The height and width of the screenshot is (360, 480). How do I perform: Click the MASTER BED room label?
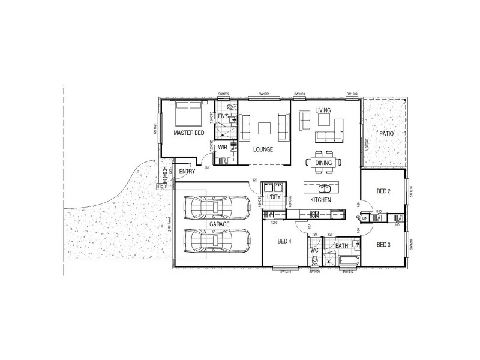[190, 133]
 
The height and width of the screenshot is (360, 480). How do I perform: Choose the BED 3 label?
[384, 244]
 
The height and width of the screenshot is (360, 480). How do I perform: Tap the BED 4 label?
[285, 242]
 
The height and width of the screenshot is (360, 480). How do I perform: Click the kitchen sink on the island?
[323, 188]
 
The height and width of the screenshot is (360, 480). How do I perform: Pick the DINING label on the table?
[323, 163]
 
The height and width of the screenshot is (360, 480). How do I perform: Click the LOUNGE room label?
[264, 149]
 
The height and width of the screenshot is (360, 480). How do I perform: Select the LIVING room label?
[323, 110]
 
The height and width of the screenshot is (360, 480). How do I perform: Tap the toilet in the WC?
[315, 260]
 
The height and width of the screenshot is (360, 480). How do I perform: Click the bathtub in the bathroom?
[348, 260]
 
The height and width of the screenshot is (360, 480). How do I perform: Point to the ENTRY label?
[187, 172]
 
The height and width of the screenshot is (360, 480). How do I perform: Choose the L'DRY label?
[274, 197]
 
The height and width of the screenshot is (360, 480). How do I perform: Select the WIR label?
[223, 147]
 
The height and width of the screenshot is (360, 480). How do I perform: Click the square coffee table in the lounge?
[265, 127]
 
